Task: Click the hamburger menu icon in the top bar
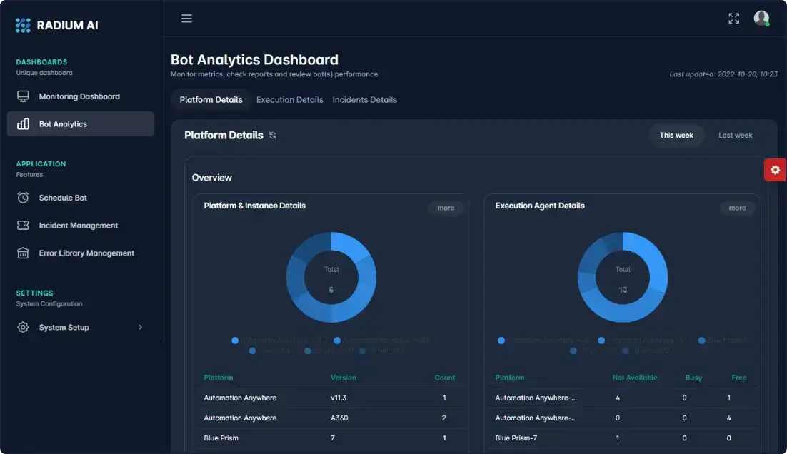186,19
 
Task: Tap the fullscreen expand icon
733,19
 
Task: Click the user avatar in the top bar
761,19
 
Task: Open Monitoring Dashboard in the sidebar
79,96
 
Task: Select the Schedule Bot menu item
63,198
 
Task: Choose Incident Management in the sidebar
78,226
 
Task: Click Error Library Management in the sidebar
86,253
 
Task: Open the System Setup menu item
64,328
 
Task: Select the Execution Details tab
290,100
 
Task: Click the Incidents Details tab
364,100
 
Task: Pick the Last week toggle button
735,136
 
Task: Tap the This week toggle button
676,136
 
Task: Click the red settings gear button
775,170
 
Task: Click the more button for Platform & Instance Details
446,208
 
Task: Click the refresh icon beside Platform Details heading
272,136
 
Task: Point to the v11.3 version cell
339,398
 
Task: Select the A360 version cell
339,418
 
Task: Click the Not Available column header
634,378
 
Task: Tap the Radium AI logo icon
23,25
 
